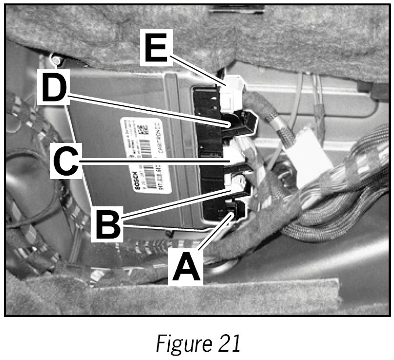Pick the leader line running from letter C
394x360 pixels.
pos(156,160)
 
